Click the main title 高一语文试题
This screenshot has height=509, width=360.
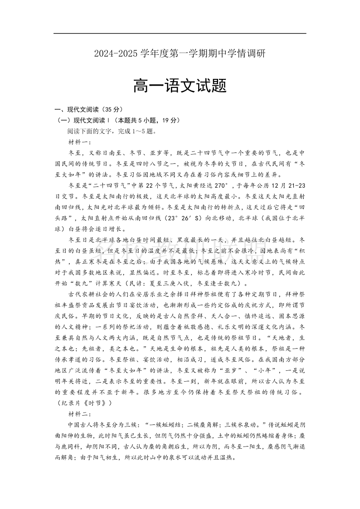tap(180, 85)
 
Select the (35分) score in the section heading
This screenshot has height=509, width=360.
tap(112, 109)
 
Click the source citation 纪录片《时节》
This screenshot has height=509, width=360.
tap(84, 403)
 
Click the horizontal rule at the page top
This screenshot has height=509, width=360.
tap(180, 34)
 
